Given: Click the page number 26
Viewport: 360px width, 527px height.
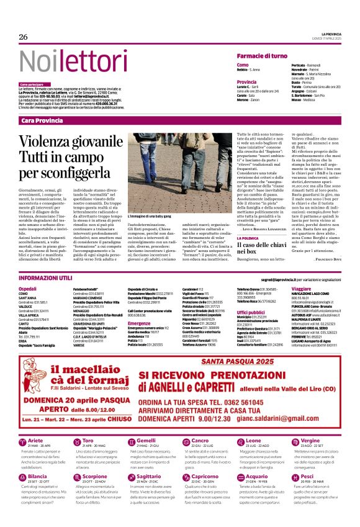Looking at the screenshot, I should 24,37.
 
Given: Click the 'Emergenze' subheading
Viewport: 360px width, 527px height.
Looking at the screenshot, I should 140,323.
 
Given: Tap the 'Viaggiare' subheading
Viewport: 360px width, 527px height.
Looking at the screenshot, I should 301,289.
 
